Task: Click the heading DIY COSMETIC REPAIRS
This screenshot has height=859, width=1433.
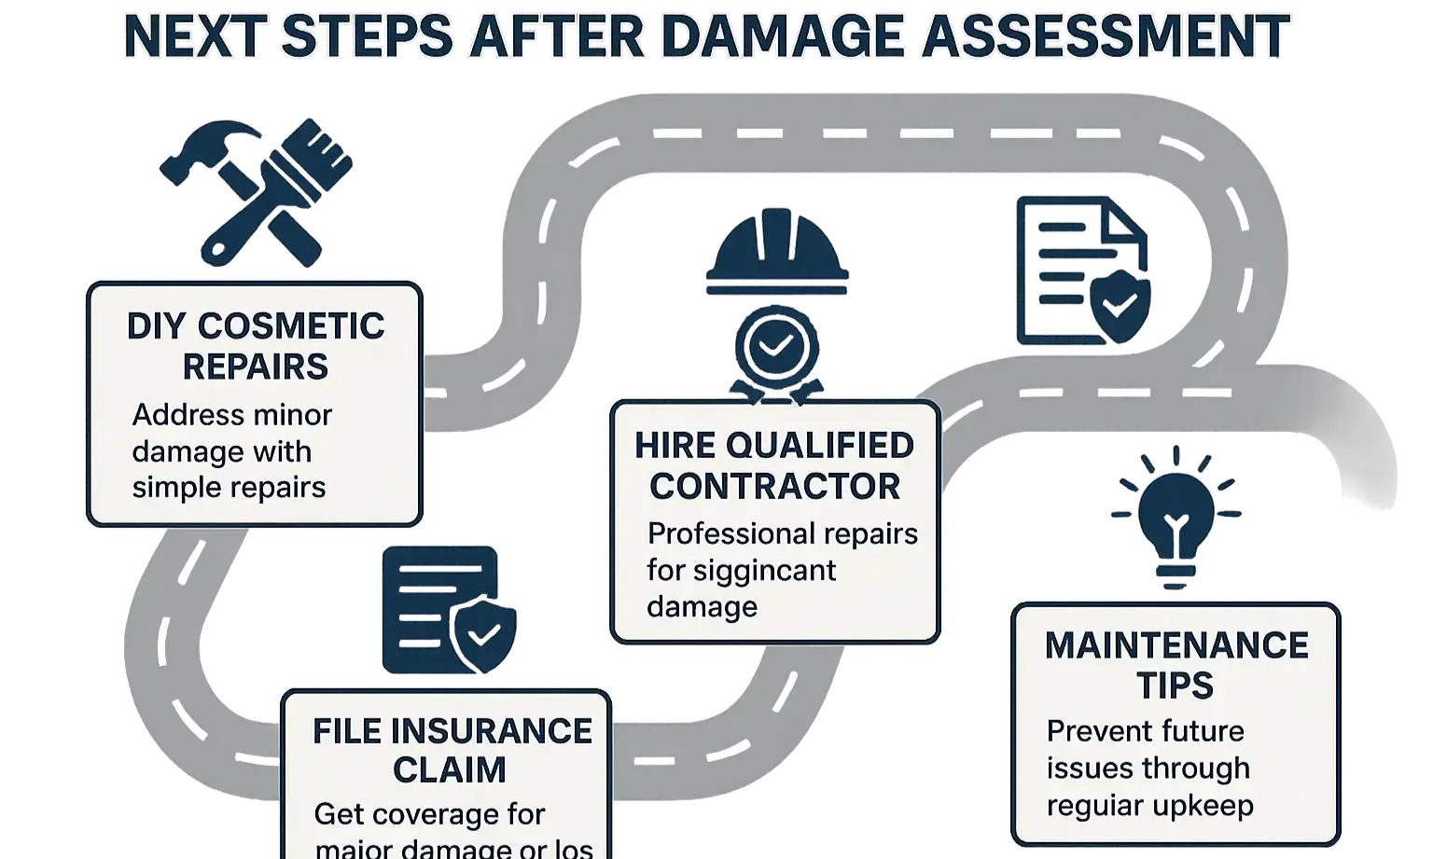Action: coord(255,346)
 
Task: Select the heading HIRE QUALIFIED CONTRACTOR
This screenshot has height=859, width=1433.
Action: coord(774,465)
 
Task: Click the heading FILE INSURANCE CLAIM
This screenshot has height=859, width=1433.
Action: coord(452,750)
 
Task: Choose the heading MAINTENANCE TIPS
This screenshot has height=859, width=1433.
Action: coord(1176,665)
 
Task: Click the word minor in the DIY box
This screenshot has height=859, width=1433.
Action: coord(286,415)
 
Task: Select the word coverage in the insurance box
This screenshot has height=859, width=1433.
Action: coord(428,814)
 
